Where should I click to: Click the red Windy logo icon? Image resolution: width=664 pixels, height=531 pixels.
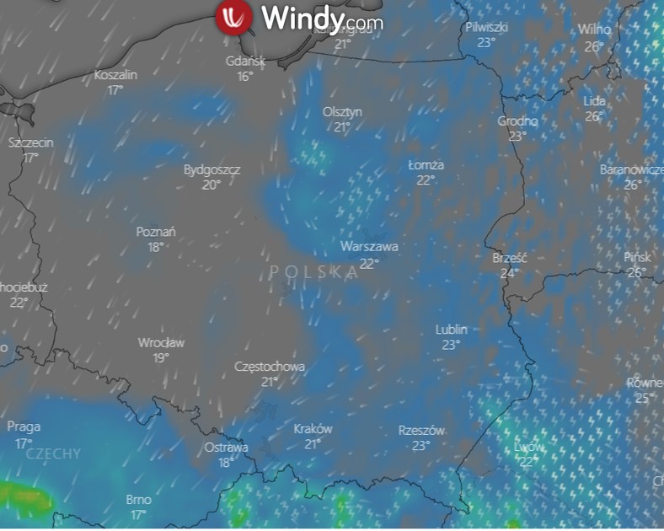(x=234, y=18)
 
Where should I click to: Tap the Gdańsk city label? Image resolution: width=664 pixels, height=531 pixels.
(x=245, y=61)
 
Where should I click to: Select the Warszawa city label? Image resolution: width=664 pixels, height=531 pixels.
(x=369, y=247)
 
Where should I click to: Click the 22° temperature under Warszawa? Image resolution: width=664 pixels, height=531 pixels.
(x=369, y=263)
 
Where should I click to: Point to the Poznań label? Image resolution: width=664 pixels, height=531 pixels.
(x=156, y=232)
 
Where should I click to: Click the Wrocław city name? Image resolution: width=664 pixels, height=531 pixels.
(x=161, y=343)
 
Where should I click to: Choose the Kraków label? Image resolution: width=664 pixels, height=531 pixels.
(x=313, y=429)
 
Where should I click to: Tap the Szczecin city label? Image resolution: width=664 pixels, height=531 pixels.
(x=30, y=142)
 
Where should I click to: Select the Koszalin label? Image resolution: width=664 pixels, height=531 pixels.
(x=115, y=75)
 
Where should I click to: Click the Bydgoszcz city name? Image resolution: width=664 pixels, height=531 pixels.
(x=212, y=169)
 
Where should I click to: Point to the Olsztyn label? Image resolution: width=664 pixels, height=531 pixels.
(x=342, y=112)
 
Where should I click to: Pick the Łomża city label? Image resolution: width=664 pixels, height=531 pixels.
(x=426, y=165)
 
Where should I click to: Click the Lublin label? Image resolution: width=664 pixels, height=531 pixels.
(x=452, y=330)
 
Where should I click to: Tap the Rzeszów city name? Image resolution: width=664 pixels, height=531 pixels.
(x=421, y=431)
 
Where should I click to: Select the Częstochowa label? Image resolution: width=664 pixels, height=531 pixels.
(x=270, y=367)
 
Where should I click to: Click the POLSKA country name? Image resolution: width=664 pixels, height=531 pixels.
(x=315, y=272)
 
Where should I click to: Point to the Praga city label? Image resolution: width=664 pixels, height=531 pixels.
(x=24, y=427)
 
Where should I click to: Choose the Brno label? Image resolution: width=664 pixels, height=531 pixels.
(x=138, y=500)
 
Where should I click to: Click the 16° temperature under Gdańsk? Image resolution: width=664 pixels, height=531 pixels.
(x=245, y=77)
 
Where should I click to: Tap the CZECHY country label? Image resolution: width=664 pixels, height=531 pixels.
(x=54, y=454)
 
